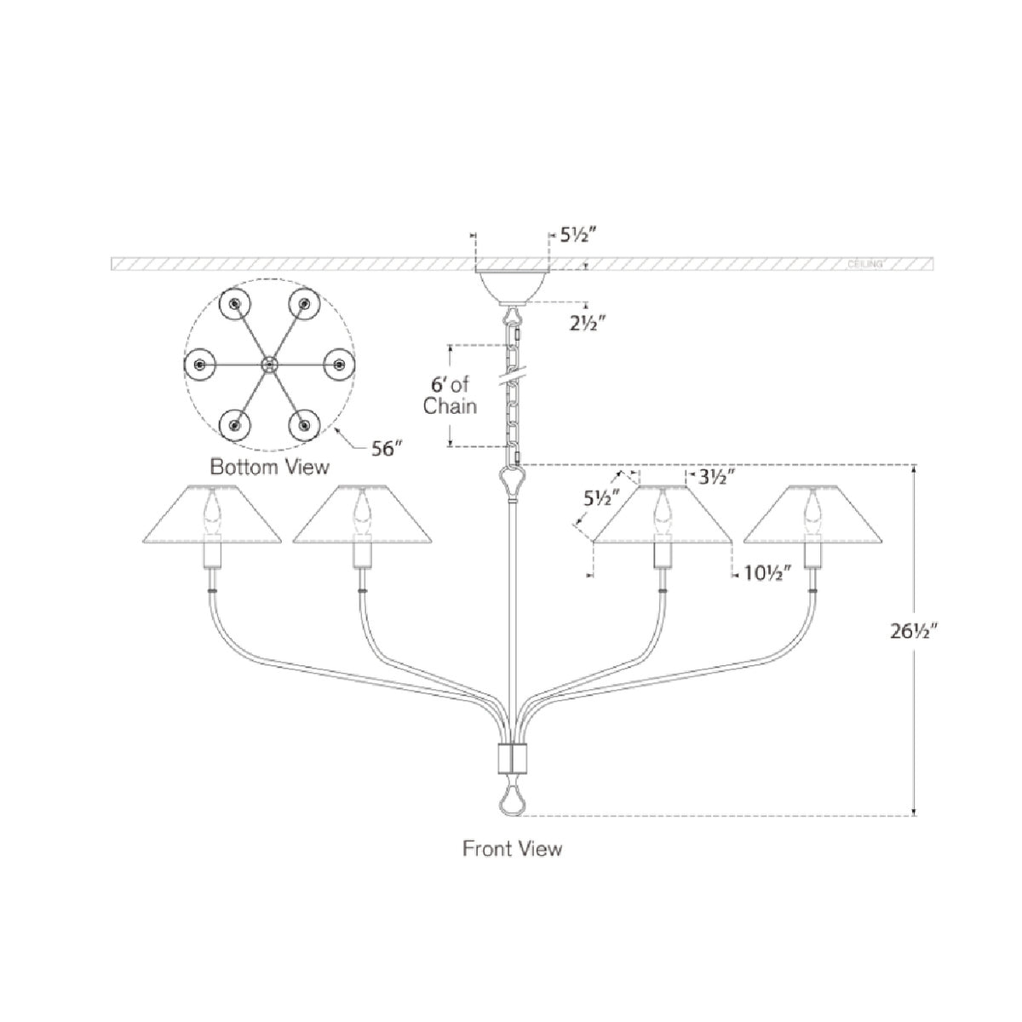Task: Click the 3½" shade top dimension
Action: [x=716, y=477]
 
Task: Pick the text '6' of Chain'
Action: [x=450, y=395]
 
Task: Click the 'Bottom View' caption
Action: [x=269, y=468]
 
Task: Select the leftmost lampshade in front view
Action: [x=211, y=515]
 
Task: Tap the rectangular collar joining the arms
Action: [x=512, y=755]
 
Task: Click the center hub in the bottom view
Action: [x=270, y=365]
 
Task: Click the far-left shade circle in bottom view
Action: [x=199, y=365]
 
